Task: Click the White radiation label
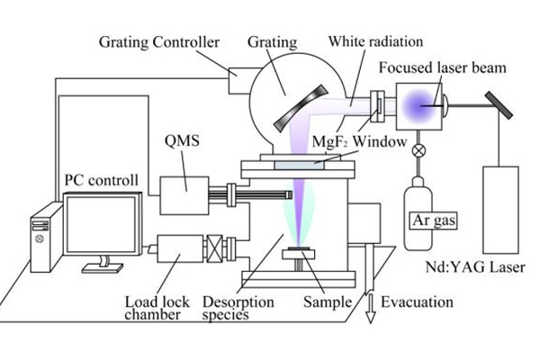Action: pyautogui.click(x=369, y=41)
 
